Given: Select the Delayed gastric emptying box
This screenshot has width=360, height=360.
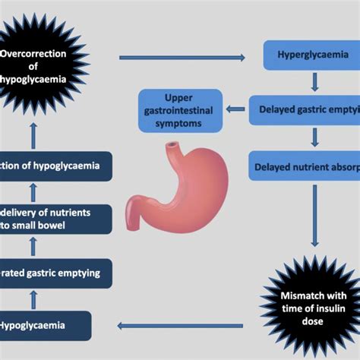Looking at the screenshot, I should (x=307, y=109).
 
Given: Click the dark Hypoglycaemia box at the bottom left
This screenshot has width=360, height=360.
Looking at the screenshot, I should (x=45, y=326).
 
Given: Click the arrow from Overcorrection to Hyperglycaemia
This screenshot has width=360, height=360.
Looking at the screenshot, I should (x=182, y=58).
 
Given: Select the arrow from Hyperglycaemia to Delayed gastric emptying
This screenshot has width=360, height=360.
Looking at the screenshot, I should (x=313, y=83).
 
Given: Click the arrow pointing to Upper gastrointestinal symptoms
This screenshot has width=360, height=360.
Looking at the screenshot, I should (x=236, y=109).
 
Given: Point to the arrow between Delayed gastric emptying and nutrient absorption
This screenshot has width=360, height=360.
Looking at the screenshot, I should (x=313, y=137).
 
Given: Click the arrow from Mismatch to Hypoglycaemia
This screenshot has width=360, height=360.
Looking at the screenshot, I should (x=182, y=327).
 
